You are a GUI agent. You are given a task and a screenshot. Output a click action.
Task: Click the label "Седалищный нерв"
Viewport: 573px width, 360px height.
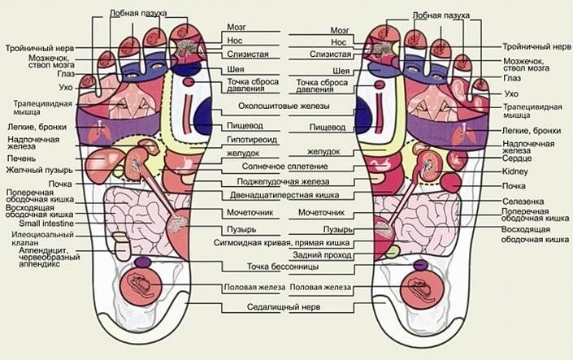coord(280,307)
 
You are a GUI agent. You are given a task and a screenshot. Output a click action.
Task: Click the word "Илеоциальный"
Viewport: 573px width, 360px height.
coord(37,235)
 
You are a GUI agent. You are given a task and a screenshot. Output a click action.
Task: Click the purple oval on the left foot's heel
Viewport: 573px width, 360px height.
coord(141,262)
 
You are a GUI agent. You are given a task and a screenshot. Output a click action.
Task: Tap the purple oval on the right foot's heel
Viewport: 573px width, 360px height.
coord(420,263)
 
